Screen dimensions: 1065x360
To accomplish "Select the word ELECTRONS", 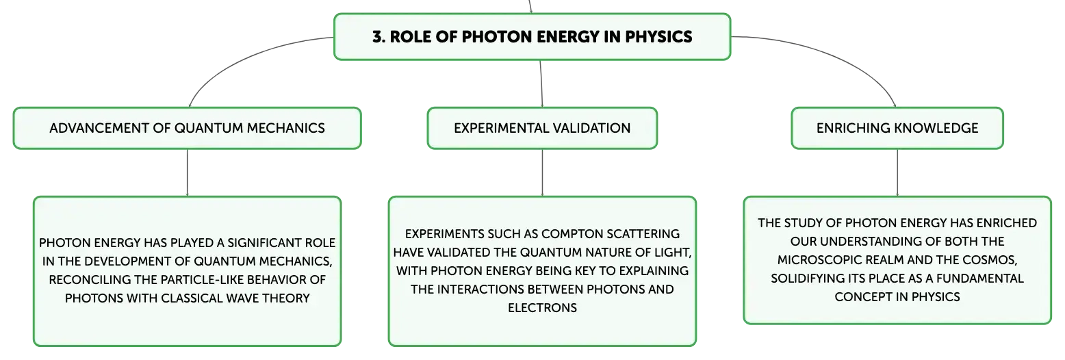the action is (543, 308).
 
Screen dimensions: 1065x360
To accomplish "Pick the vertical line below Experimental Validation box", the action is (543, 172).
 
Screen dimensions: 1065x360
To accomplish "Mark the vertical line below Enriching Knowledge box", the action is (897, 172).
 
